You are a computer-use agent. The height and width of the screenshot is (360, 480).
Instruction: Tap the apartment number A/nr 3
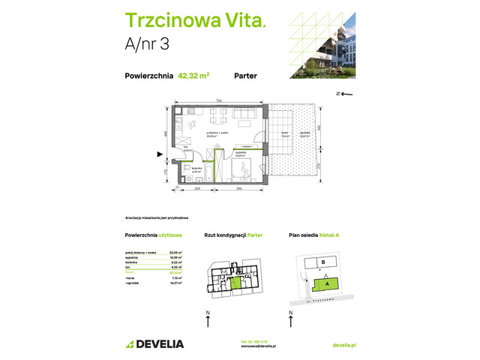(x=146, y=43)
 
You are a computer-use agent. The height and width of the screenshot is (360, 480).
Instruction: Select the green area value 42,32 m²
(x=193, y=75)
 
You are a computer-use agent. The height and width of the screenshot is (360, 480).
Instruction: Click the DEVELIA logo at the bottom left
(x=152, y=343)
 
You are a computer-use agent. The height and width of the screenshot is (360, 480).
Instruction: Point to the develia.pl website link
(x=343, y=344)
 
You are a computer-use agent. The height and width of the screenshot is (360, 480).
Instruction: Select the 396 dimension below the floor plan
(x=239, y=190)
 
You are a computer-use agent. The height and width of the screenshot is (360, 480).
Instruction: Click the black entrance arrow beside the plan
(x=158, y=155)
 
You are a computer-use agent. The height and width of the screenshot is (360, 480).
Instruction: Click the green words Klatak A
(x=328, y=235)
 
